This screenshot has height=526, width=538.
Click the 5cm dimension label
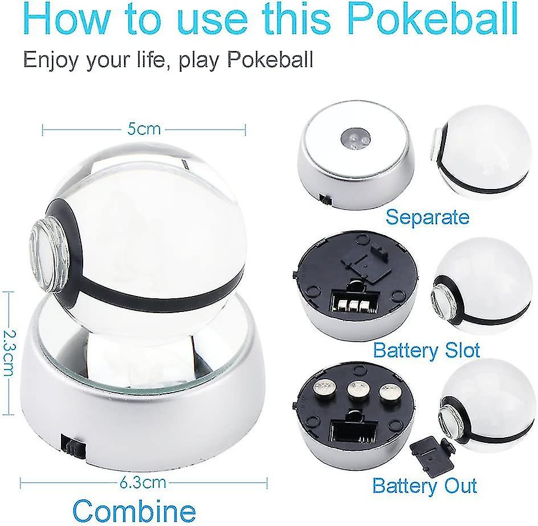(x=144, y=129)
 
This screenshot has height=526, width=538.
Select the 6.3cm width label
(x=143, y=483)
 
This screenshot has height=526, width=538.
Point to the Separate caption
(x=427, y=217)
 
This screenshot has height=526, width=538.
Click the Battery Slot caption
(x=426, y=350)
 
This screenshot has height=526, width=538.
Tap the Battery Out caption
(x=425, y=486)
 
